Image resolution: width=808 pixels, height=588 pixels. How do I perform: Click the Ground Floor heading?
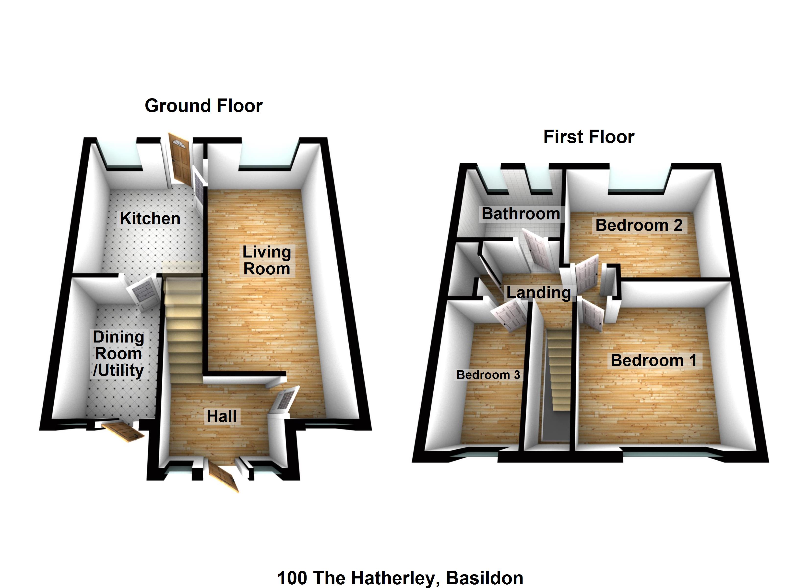tap(203, 106)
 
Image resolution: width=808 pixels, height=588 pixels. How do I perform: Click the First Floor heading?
tap(589, 137)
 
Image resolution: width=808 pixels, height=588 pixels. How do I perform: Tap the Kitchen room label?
tap(150, 219)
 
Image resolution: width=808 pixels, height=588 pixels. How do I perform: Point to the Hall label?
tap(222, 416)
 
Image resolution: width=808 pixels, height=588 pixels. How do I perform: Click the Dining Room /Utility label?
tap(118, 354)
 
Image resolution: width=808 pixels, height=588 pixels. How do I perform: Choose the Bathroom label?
tap(521, 214)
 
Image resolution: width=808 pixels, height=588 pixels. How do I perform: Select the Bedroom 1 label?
tap(654, 360)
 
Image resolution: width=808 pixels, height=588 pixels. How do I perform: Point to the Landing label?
tap(539, 293)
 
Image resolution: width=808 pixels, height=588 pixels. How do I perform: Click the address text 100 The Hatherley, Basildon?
tap(400, 578)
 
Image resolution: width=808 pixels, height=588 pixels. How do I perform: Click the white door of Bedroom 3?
tap(507, 315)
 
